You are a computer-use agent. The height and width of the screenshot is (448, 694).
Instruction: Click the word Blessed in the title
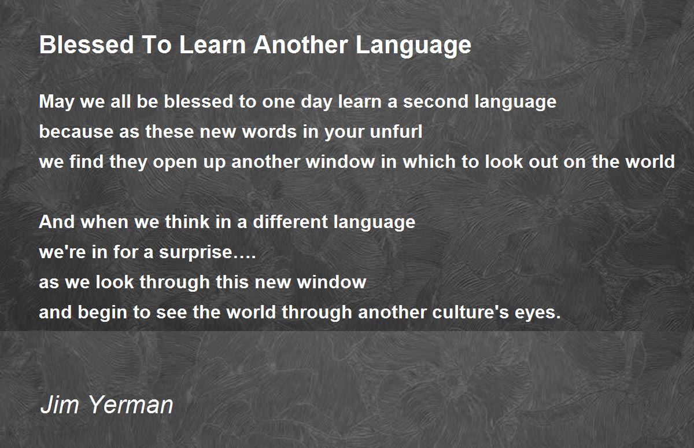(x=86, y=45)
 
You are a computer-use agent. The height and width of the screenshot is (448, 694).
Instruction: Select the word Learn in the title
(x=213, y=45)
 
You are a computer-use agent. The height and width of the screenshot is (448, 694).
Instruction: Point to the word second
(x=435, y=102)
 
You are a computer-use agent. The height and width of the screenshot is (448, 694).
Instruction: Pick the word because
(x=76, y=131)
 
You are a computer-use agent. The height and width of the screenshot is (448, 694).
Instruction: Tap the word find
(x=86, y=161)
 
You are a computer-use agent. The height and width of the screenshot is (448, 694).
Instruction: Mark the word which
(x=429, y=161)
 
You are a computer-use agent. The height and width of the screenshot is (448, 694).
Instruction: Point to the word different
(x=290, y=222)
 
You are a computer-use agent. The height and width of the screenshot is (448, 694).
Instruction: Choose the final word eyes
(x=535, y=313)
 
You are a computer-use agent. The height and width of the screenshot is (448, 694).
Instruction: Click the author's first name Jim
(x=60, y=405)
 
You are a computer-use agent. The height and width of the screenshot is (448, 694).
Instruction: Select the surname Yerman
(x=131, y=405)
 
